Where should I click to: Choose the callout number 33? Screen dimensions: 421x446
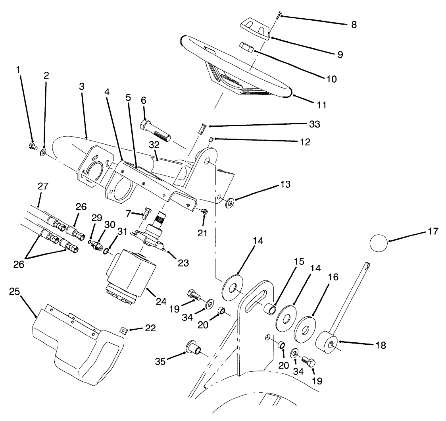pos(315,124)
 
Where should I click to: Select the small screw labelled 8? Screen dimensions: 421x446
pos(277,15)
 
